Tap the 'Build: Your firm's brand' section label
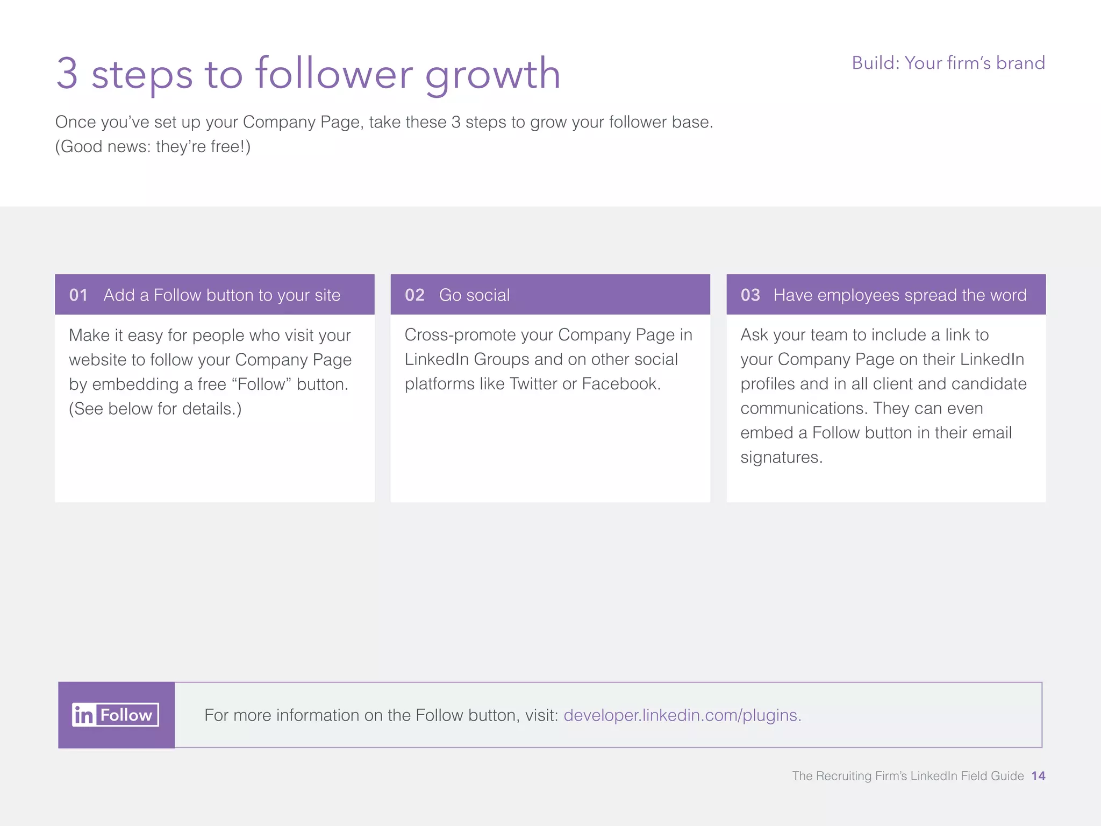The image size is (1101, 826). [x=948, y=63]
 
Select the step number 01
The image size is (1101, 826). [x=78, y=295]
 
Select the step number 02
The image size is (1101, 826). [x=414, y=295]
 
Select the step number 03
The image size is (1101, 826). [x=750, y=295]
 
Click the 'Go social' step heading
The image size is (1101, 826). [x=474, y=295]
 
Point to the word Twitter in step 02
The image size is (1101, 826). [x=533, y=383]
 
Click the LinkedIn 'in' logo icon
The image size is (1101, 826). [x=84, y=715]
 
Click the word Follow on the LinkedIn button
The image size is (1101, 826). [x=126, y=715]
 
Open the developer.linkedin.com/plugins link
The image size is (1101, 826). [x=682, y=715]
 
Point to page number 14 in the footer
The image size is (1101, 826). [x=1038, y=775]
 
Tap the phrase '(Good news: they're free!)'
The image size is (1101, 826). [x=153, y=146]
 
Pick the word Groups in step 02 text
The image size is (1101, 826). [x=501, y=359]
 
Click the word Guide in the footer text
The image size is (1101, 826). [x=1008, y=775]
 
